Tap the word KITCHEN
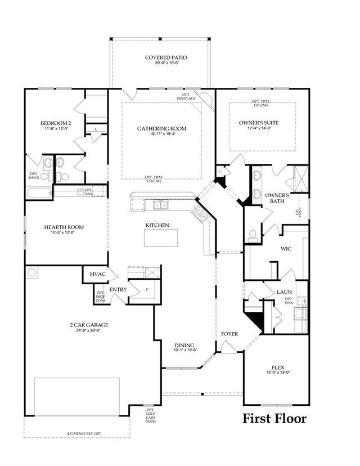[157, 225]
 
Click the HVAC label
[94, 274]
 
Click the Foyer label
[229, 334]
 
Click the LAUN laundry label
[283, 292]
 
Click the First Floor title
[274, 418]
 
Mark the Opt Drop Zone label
[100, 297]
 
